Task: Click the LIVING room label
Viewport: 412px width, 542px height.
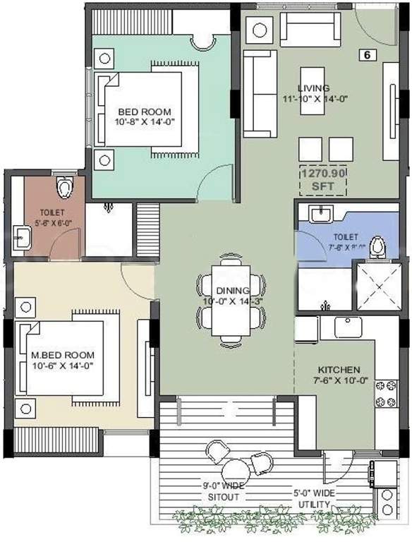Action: coord(308,88)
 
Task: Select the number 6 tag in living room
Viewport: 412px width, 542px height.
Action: coord(367,54)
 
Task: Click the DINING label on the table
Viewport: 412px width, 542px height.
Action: coord(232,290)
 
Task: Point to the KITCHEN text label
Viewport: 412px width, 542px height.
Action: coord(339,370)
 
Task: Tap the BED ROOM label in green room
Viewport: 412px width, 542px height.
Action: coord(144,112)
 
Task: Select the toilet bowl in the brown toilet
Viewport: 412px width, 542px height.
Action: coord(65,187)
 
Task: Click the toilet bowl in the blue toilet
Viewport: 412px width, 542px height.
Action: coord(379,247)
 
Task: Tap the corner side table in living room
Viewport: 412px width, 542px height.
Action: coord(259,30)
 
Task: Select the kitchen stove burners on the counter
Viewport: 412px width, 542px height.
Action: coord(386,394)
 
